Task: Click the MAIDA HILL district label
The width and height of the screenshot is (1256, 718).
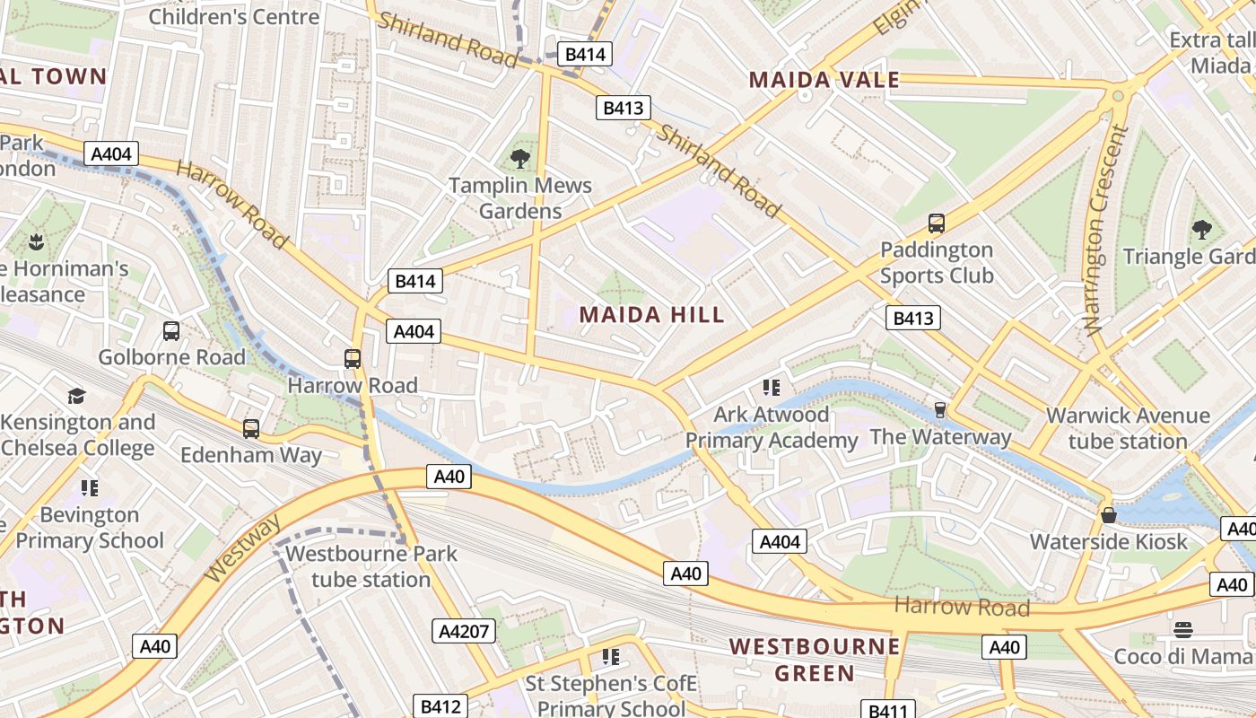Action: [651, 315]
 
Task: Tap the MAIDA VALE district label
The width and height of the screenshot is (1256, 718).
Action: [824, 80]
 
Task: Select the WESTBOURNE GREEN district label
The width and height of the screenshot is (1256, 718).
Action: [815, 660]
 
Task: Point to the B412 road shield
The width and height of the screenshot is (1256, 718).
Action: [440, 706]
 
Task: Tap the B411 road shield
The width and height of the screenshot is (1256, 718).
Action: [889, 711]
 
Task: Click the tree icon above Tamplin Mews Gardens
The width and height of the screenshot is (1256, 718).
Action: [519, 159]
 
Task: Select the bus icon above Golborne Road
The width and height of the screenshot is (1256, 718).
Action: [171, 331]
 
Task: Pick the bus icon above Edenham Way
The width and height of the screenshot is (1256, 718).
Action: [251, 429]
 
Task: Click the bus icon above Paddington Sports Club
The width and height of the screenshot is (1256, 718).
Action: [936, 223]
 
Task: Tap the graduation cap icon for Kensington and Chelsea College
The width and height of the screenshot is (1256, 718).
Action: [76, 396]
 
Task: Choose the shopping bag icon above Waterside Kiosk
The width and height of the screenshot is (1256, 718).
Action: [1109, 515]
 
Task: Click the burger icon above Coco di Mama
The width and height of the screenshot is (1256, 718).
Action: [1182, 629]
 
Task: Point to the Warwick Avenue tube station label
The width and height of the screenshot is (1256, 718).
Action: [1128, 429]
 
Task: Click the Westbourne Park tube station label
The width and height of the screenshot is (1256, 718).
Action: [371, 566]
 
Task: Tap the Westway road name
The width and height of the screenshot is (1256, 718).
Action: [241, 547]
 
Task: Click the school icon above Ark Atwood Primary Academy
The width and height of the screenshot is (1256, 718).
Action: [771, 388]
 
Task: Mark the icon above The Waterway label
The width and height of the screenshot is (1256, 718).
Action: [940, 410]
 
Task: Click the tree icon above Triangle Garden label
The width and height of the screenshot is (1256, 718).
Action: [1201, 230]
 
